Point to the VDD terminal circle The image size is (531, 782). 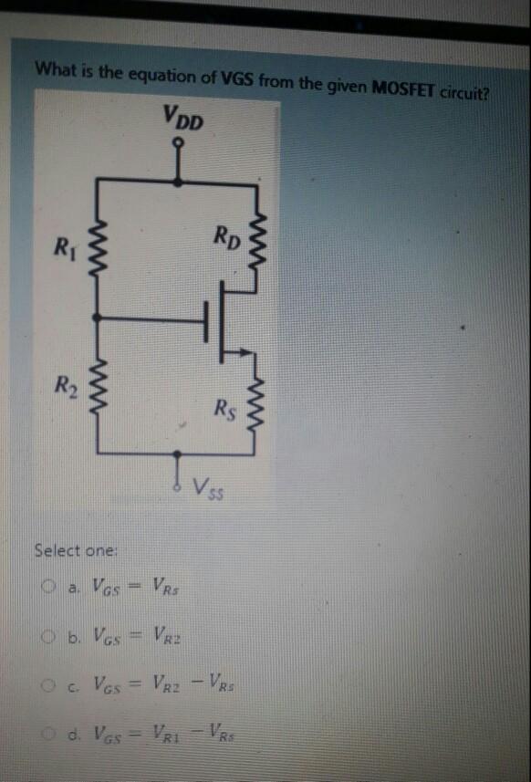182,143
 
